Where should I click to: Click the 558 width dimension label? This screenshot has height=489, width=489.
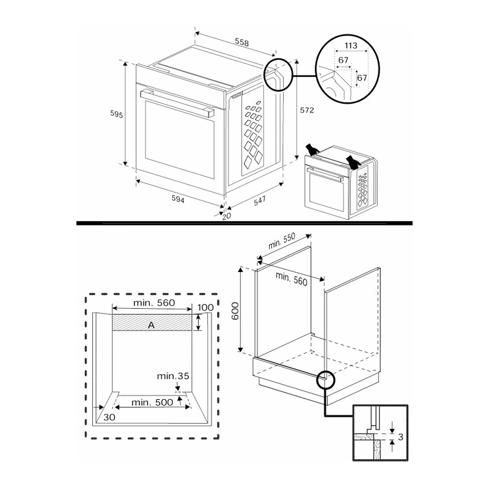tap(242, 42)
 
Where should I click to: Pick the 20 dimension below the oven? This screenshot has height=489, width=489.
tap(227, 216)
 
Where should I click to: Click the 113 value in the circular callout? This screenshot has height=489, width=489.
tap(351, 45)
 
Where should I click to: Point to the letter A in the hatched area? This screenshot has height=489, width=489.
tap(151, 325)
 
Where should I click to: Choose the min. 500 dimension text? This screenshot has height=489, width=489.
tap(153, 402)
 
